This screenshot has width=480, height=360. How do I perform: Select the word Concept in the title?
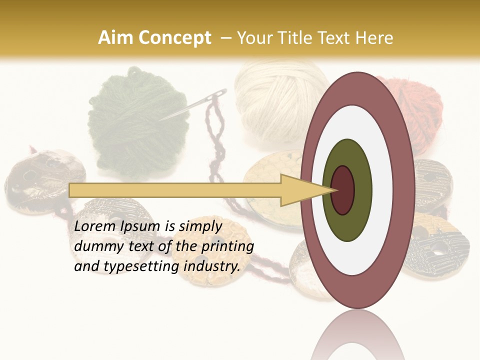(x=174, y=38)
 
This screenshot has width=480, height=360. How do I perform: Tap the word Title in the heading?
(x=302, y=38)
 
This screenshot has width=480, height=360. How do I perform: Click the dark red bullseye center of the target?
(x=342, y=190)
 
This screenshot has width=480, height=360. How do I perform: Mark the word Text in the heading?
(x=337, y=38)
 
